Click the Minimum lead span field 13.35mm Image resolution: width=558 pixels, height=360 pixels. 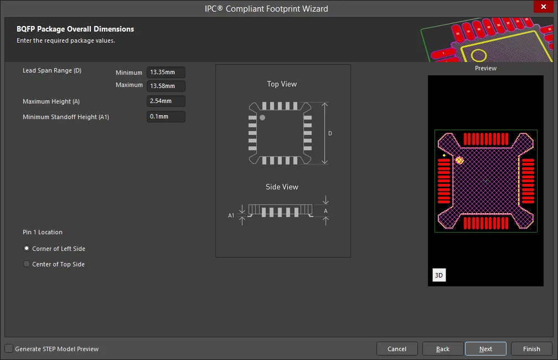click(x=166, y=73)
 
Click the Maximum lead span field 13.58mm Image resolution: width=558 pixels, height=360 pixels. click(x=166, y=86)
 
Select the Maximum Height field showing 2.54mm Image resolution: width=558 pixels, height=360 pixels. click(x=166, y=101)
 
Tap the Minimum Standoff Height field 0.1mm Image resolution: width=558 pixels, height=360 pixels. click(x=166, y=116)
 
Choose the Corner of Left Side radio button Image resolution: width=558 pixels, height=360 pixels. click(x=27, y=248)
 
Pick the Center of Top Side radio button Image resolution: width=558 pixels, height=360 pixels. click(x=27, y=264)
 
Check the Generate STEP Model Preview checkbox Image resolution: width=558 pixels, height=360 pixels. click(x=9, y=348)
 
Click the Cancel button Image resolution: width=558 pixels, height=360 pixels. click(x=397, y=349)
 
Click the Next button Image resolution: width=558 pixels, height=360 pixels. click(x=485, y=349)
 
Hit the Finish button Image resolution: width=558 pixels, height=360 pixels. click(x=531, y=349)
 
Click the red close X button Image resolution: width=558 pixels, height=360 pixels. click(x=544, y=7)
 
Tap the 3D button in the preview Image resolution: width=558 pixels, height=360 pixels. click(x=439, y=275)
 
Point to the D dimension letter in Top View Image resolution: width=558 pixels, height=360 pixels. click(x=330, y=133)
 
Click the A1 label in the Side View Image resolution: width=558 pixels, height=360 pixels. click(x=231, y=215)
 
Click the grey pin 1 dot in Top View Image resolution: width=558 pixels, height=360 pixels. click(x=262, y=117)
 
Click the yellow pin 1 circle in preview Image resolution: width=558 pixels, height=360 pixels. click(x=459, y=161)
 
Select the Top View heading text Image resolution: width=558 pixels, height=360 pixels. click(x=282, y=84)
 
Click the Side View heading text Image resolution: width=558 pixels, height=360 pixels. click(x=282, y=187)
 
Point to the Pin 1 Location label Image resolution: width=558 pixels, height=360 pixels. click(x=43, y=232)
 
